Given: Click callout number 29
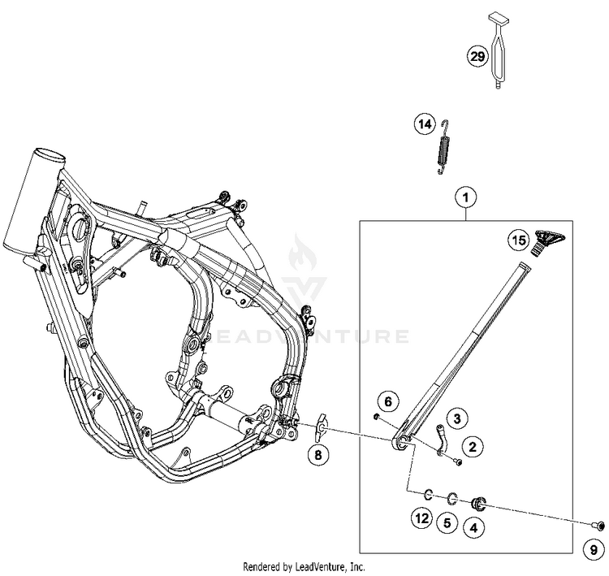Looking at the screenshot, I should pyautogui.click(x=477, y=56).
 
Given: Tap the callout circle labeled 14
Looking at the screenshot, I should pyautogui.click(x=423, y=125).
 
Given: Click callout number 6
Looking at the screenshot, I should pyautogui.click(x=388, y=401).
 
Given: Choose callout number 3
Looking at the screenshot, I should pyautogui.click(x=457, y=418).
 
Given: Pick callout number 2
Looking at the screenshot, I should pyautogui.click(x=471, y=444).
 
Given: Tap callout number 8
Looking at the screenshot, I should pyautogui.click(x=318, y=455).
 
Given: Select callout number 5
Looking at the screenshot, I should pyautogui.click(x=446, y=524).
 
